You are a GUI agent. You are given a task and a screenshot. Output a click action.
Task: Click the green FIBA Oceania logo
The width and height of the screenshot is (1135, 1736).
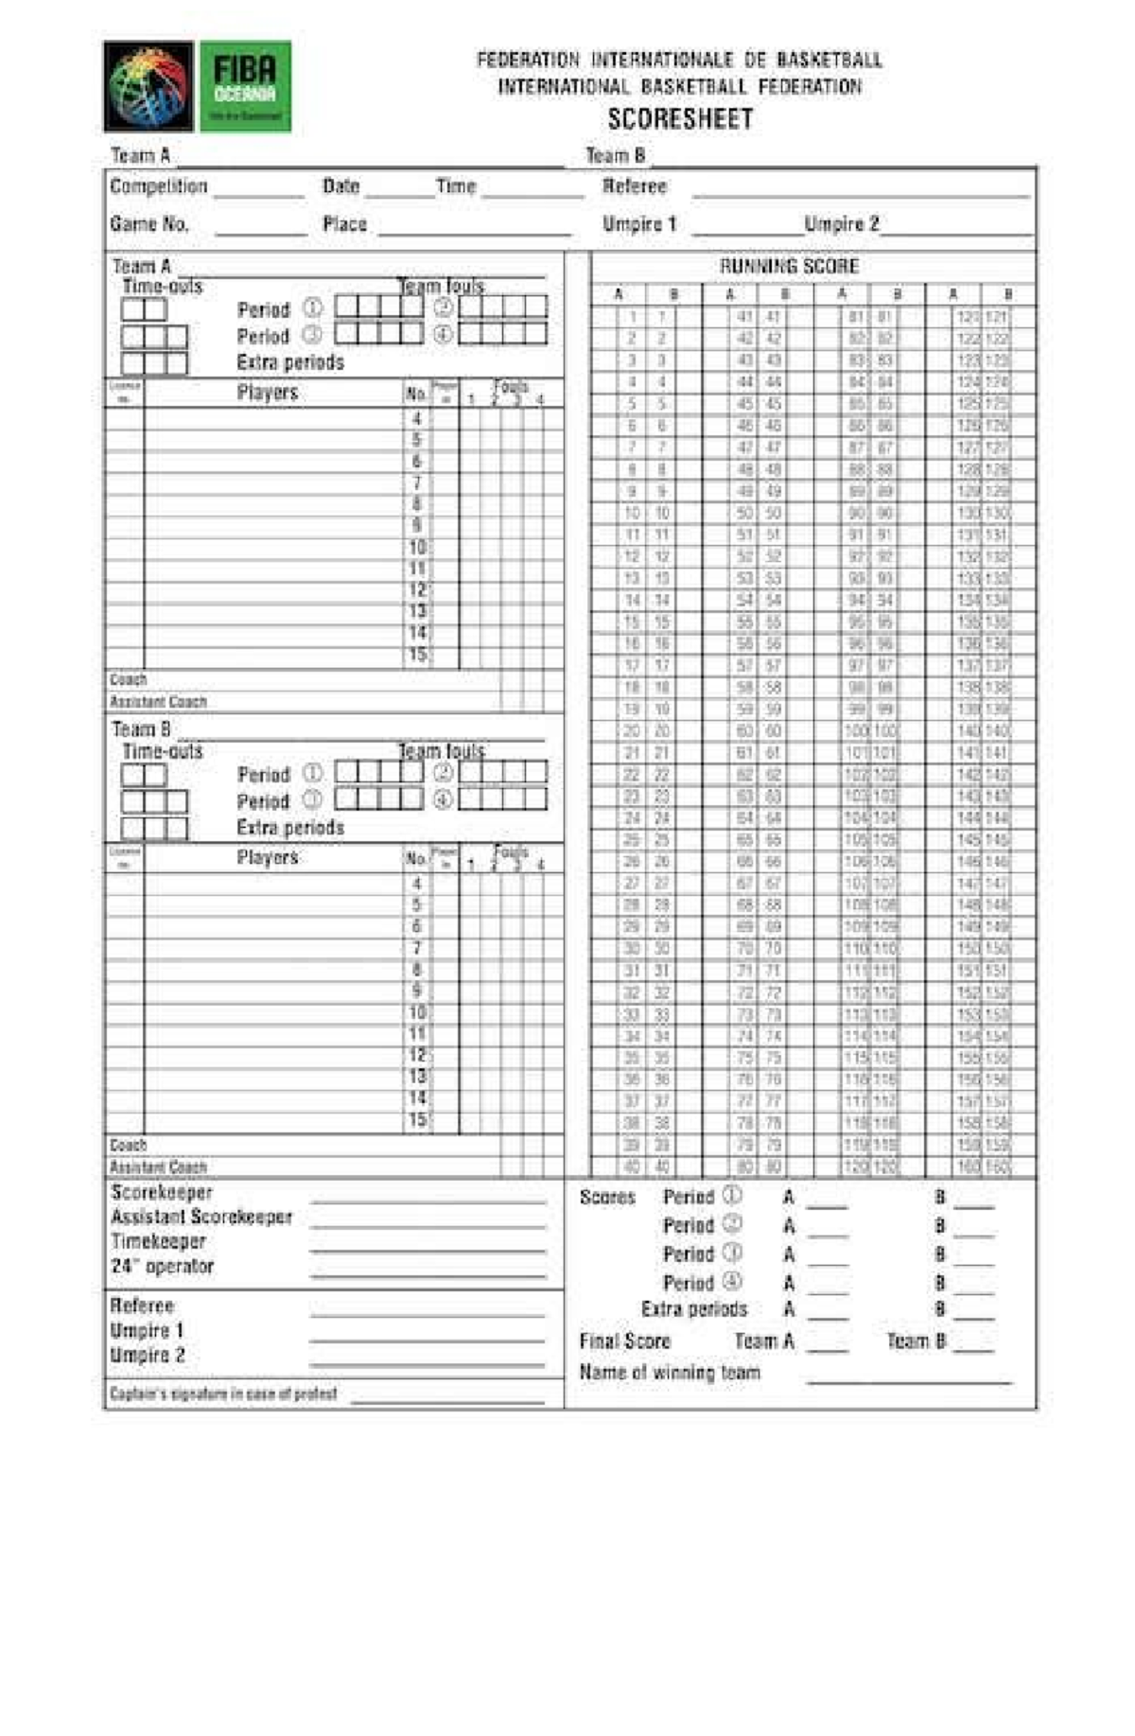[245, 86]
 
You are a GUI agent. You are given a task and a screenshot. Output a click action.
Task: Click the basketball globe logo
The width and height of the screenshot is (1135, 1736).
[148, 86]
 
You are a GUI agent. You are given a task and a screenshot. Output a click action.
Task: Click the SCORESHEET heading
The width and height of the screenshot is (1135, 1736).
[680, 119]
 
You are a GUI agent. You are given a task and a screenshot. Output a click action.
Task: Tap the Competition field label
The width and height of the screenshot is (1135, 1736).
[158, 186]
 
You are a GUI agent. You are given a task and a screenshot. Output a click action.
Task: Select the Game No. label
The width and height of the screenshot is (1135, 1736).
[149, 224]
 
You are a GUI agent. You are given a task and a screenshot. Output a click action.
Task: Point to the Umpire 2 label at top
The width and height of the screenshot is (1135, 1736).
[841, 224]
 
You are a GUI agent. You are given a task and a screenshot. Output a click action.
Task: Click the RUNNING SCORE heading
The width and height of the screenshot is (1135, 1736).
[789, 266]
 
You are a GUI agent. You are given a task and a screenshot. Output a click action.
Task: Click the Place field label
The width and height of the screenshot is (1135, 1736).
[344, 224]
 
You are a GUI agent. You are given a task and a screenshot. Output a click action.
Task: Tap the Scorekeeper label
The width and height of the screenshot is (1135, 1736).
[162, 1193]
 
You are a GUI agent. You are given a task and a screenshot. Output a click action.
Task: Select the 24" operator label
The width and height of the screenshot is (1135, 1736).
[162, 1266]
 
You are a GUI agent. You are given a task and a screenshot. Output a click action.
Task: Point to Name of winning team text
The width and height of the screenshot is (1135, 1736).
[669, 1372]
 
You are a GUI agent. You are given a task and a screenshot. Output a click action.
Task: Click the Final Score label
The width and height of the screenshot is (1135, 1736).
[624, 1341]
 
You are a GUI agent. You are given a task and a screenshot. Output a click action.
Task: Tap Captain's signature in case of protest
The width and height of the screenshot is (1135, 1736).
[223, 1394]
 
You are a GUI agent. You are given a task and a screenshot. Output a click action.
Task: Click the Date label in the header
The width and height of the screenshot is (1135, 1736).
[340, 186]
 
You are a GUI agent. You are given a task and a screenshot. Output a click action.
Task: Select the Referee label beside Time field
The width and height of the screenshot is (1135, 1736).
[635, 186]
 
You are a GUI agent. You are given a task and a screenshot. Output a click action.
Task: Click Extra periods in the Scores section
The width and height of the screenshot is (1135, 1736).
[693, 1309]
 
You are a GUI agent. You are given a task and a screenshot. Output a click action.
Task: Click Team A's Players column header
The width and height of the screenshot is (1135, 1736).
[268, 393]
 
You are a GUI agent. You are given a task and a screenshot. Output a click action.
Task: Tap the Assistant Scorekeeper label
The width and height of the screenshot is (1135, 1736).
[201, 1217]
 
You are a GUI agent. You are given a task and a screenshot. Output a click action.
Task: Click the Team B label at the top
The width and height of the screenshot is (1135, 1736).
[615, 155]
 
